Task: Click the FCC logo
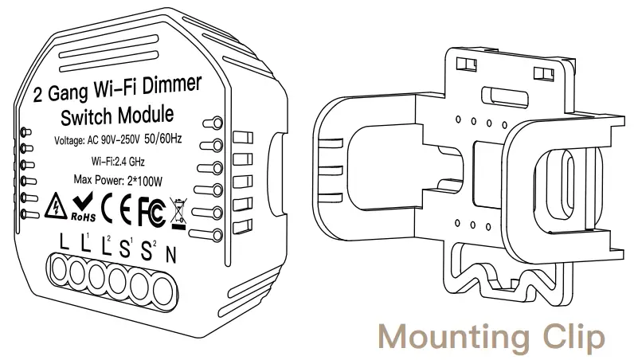(151, 209)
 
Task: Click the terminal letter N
(170, 253)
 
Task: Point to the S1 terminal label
(125, 246)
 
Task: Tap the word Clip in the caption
(572, 336)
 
